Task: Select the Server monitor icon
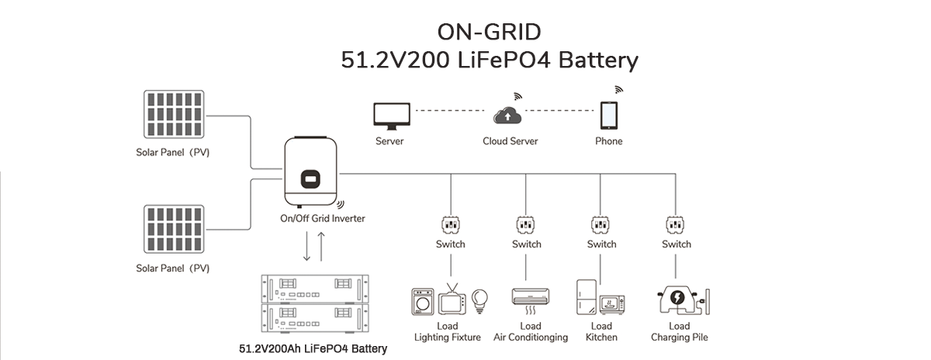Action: coord(389,116)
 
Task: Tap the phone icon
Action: coord(608,116)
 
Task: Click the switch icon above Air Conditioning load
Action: coord(526,225)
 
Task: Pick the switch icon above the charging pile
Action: coord(676,225)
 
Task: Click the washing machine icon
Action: coord(423,301)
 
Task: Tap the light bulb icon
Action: coord(480,299)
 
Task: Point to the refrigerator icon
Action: coord(587,298)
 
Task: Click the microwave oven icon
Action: coord(615,303)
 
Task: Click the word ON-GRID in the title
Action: coord(490,32)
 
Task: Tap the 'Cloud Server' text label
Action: coord(510,141)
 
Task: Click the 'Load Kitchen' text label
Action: coord(601,332)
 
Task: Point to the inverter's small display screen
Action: coord(310,178)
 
